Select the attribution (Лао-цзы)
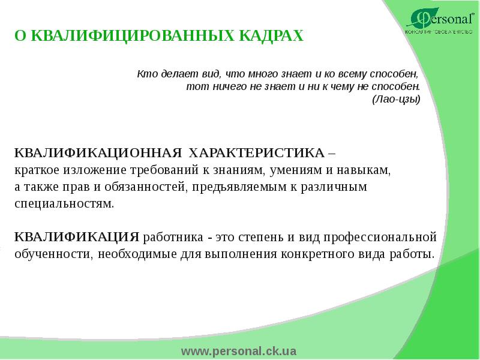(x=396, y=99)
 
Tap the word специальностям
(x=64, y=204)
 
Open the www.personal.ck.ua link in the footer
(x=240, y=351)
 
